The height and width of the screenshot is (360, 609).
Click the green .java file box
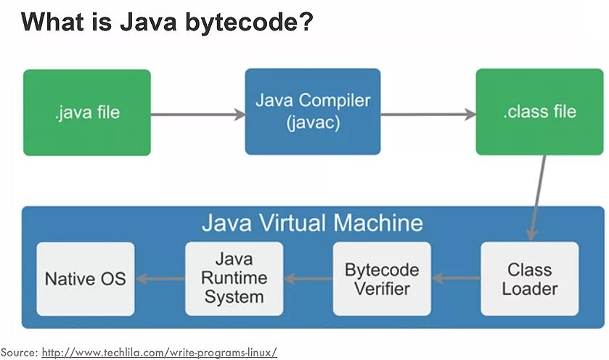click(x=86, y=112)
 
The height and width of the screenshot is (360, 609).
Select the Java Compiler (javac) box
click(x=312, y=112)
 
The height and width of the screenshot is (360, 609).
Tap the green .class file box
click(x=539, y=112)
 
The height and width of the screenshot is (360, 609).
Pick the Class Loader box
click(x=529, y=279)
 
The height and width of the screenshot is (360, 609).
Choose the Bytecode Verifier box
click(x=381, y=279)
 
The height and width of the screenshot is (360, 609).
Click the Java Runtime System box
click(x=234, y=279)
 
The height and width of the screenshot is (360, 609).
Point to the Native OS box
click(x=85, y=279)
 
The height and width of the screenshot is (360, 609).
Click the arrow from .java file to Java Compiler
click(x=197, y=114)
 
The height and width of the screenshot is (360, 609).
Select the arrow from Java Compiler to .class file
click(x=428, y=114)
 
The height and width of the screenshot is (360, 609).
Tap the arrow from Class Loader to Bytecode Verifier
click(x=456, y=278)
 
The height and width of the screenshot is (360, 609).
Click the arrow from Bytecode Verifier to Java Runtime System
click(x=308, y=278)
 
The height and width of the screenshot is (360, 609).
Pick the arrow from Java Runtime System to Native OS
click(x=160, y=278)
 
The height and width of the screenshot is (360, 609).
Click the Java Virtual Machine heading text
click(x=312, y=222)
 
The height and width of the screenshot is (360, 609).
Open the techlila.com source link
click(x=159, y=352)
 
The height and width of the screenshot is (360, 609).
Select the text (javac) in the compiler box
click(x=313, y=123)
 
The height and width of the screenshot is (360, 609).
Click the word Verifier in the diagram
click(x=382, y=288)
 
